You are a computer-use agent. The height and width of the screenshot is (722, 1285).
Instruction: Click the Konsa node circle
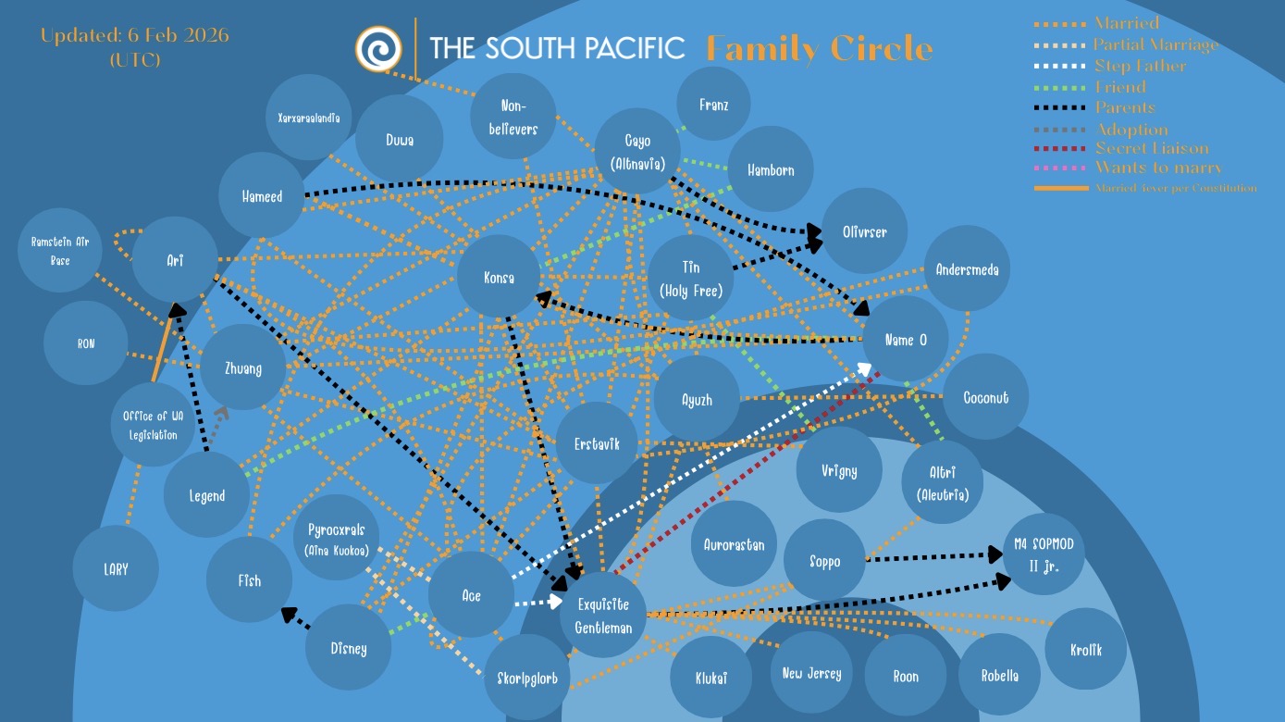(499, 278)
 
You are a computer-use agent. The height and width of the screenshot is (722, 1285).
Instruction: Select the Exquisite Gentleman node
(602, 616)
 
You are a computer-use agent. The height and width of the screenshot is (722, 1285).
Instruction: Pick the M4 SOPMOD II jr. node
(1044, 554)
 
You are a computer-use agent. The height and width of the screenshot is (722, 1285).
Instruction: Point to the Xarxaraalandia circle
(308, 118)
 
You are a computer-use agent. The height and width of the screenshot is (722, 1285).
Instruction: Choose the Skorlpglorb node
(527, 677)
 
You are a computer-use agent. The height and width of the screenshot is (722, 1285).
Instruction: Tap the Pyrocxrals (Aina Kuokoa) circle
(337, 539)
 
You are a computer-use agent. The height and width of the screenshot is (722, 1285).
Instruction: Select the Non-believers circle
(513, 118)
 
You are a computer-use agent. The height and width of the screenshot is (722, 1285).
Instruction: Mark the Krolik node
(1086, 649)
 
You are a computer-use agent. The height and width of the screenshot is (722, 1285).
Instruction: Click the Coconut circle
(985, 397)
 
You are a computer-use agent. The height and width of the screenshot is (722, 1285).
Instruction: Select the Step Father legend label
(1140, 66)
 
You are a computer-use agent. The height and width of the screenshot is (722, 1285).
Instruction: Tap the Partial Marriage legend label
(1155, 44)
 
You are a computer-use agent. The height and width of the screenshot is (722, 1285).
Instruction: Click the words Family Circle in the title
(819, 48)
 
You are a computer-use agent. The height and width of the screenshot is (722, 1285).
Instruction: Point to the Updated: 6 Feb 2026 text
(135, 36)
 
